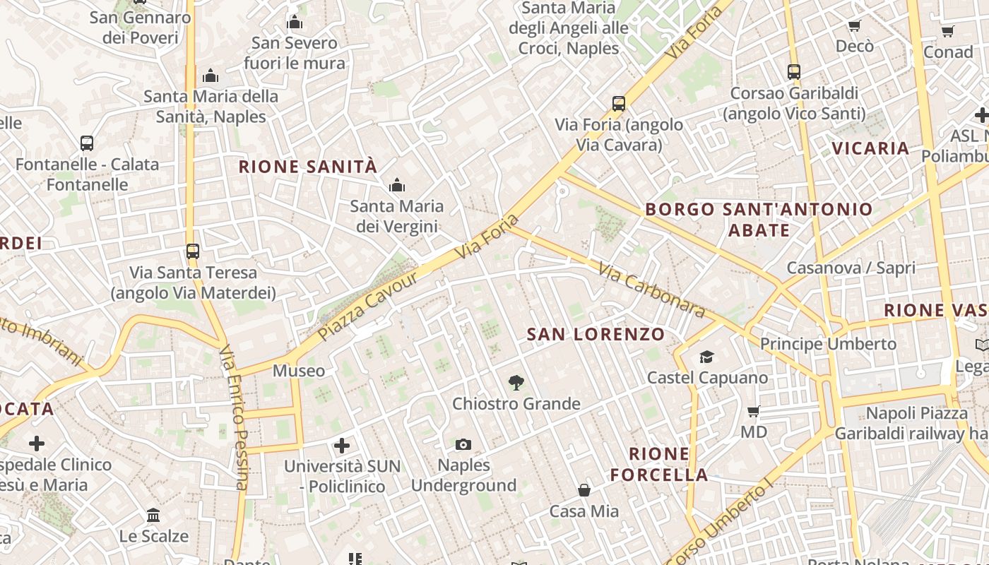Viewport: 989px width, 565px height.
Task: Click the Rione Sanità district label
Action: (308, 167)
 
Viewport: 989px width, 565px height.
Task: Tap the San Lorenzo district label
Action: (596, 334)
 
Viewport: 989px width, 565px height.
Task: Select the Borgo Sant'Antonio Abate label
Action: (759, 220)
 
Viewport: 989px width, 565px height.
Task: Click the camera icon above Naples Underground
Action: (463, 444)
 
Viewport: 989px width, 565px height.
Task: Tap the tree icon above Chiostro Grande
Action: (516, 383)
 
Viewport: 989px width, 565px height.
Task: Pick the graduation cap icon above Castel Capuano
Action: (707, 357)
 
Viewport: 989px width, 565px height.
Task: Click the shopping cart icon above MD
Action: (754, 411)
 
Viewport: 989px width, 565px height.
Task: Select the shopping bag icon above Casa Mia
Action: (584, 489)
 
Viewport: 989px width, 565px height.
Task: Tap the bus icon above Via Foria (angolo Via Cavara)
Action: (619, 104)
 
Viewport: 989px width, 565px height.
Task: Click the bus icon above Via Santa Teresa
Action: (192, 251)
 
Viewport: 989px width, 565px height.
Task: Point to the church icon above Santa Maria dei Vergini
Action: (397, 186)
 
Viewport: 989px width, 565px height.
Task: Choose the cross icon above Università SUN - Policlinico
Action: (342, 445)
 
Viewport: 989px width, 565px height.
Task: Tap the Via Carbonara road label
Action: (651, 290)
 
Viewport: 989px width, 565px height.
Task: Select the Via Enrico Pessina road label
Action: (235, 417)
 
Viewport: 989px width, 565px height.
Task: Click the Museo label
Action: (299, 371)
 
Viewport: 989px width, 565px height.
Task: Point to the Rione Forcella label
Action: (659, 464)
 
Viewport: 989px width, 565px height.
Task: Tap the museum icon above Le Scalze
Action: (153, 515)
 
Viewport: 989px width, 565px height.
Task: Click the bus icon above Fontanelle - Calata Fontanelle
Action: (87, 143)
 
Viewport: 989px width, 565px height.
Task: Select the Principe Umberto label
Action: (828, 344)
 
